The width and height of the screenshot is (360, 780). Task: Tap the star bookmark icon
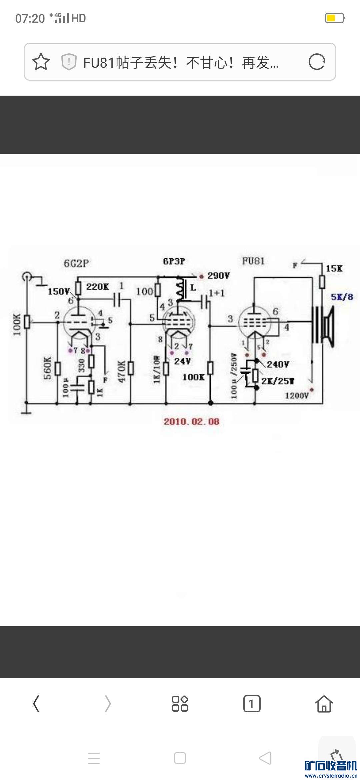coord(41,62)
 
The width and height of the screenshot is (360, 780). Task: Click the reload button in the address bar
coord(317,62)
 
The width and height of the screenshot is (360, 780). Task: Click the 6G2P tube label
coord(76,263)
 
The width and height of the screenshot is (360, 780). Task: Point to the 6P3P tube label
coord(174,261)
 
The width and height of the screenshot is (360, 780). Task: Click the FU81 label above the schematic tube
coord(253,261)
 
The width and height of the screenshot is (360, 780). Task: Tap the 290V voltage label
coord(218,276)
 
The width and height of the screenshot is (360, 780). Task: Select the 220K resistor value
coord(97,287)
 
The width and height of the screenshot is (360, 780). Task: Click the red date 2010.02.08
coord(191,422)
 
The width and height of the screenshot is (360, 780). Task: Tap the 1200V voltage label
coord(297,396)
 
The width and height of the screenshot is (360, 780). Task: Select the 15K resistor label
coord(334,269)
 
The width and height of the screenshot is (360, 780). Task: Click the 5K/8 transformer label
coord(342,297)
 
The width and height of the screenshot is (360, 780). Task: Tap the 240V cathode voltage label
coord(278,364)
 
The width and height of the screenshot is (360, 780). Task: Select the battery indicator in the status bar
coord(334,18)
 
